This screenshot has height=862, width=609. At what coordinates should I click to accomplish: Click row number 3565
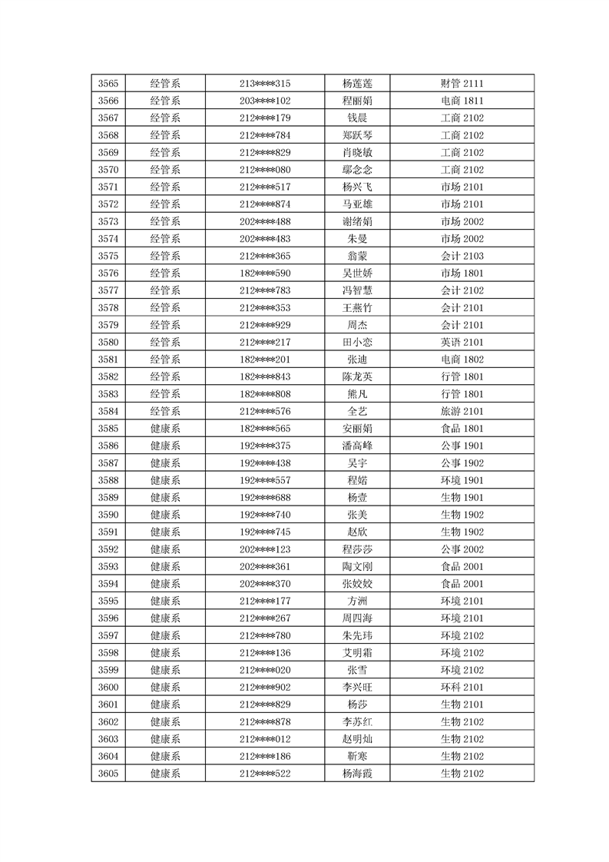point(109,83)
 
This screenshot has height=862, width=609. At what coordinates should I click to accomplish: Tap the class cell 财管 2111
point(462,83)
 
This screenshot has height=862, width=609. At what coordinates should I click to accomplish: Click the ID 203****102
point(265,101)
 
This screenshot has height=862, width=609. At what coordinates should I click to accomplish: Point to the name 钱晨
point(357,118)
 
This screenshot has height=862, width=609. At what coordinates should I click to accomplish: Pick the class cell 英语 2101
point(462,342)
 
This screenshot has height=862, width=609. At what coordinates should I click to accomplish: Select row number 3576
point(109,273)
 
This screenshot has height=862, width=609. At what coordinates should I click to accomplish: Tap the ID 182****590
point(265,273)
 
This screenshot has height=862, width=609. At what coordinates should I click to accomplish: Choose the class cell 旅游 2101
point(462,411)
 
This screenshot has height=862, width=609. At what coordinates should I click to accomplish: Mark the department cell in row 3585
point(165,428)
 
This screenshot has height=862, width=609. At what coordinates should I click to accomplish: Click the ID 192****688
point(265,497)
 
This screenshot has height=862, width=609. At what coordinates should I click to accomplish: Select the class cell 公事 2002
point(462,549)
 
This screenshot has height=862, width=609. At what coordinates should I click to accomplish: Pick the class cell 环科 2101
point(462,687)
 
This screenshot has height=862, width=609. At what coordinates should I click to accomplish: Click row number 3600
point(109,687)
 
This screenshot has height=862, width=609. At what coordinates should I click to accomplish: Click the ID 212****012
point(265,739)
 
